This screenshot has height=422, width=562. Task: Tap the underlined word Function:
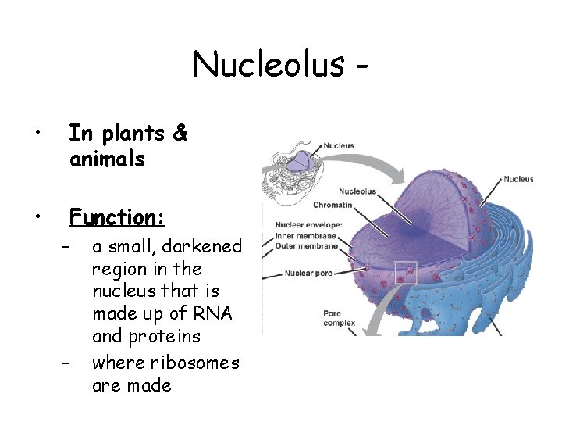pyautogui.click(x=116, y=216)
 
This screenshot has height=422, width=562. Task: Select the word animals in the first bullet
pyautogui.click(x=107, y=159)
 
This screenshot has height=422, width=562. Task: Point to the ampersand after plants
pyautogui.click(x=180, y=134)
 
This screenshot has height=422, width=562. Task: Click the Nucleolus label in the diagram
pyautogui.click(x=357, y=191)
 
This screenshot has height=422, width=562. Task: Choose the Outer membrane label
pyautogui.click(x=306, y=246)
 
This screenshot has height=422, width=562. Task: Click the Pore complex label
pyautogui.click(x=339, y=318)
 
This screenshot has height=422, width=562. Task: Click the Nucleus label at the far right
pyautogui.click(x=518, y=179)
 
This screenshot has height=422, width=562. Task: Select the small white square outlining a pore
pyautogui.click(x=407, y=273)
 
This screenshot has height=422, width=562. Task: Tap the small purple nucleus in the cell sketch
pyautogui.click(x=300, y=162)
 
